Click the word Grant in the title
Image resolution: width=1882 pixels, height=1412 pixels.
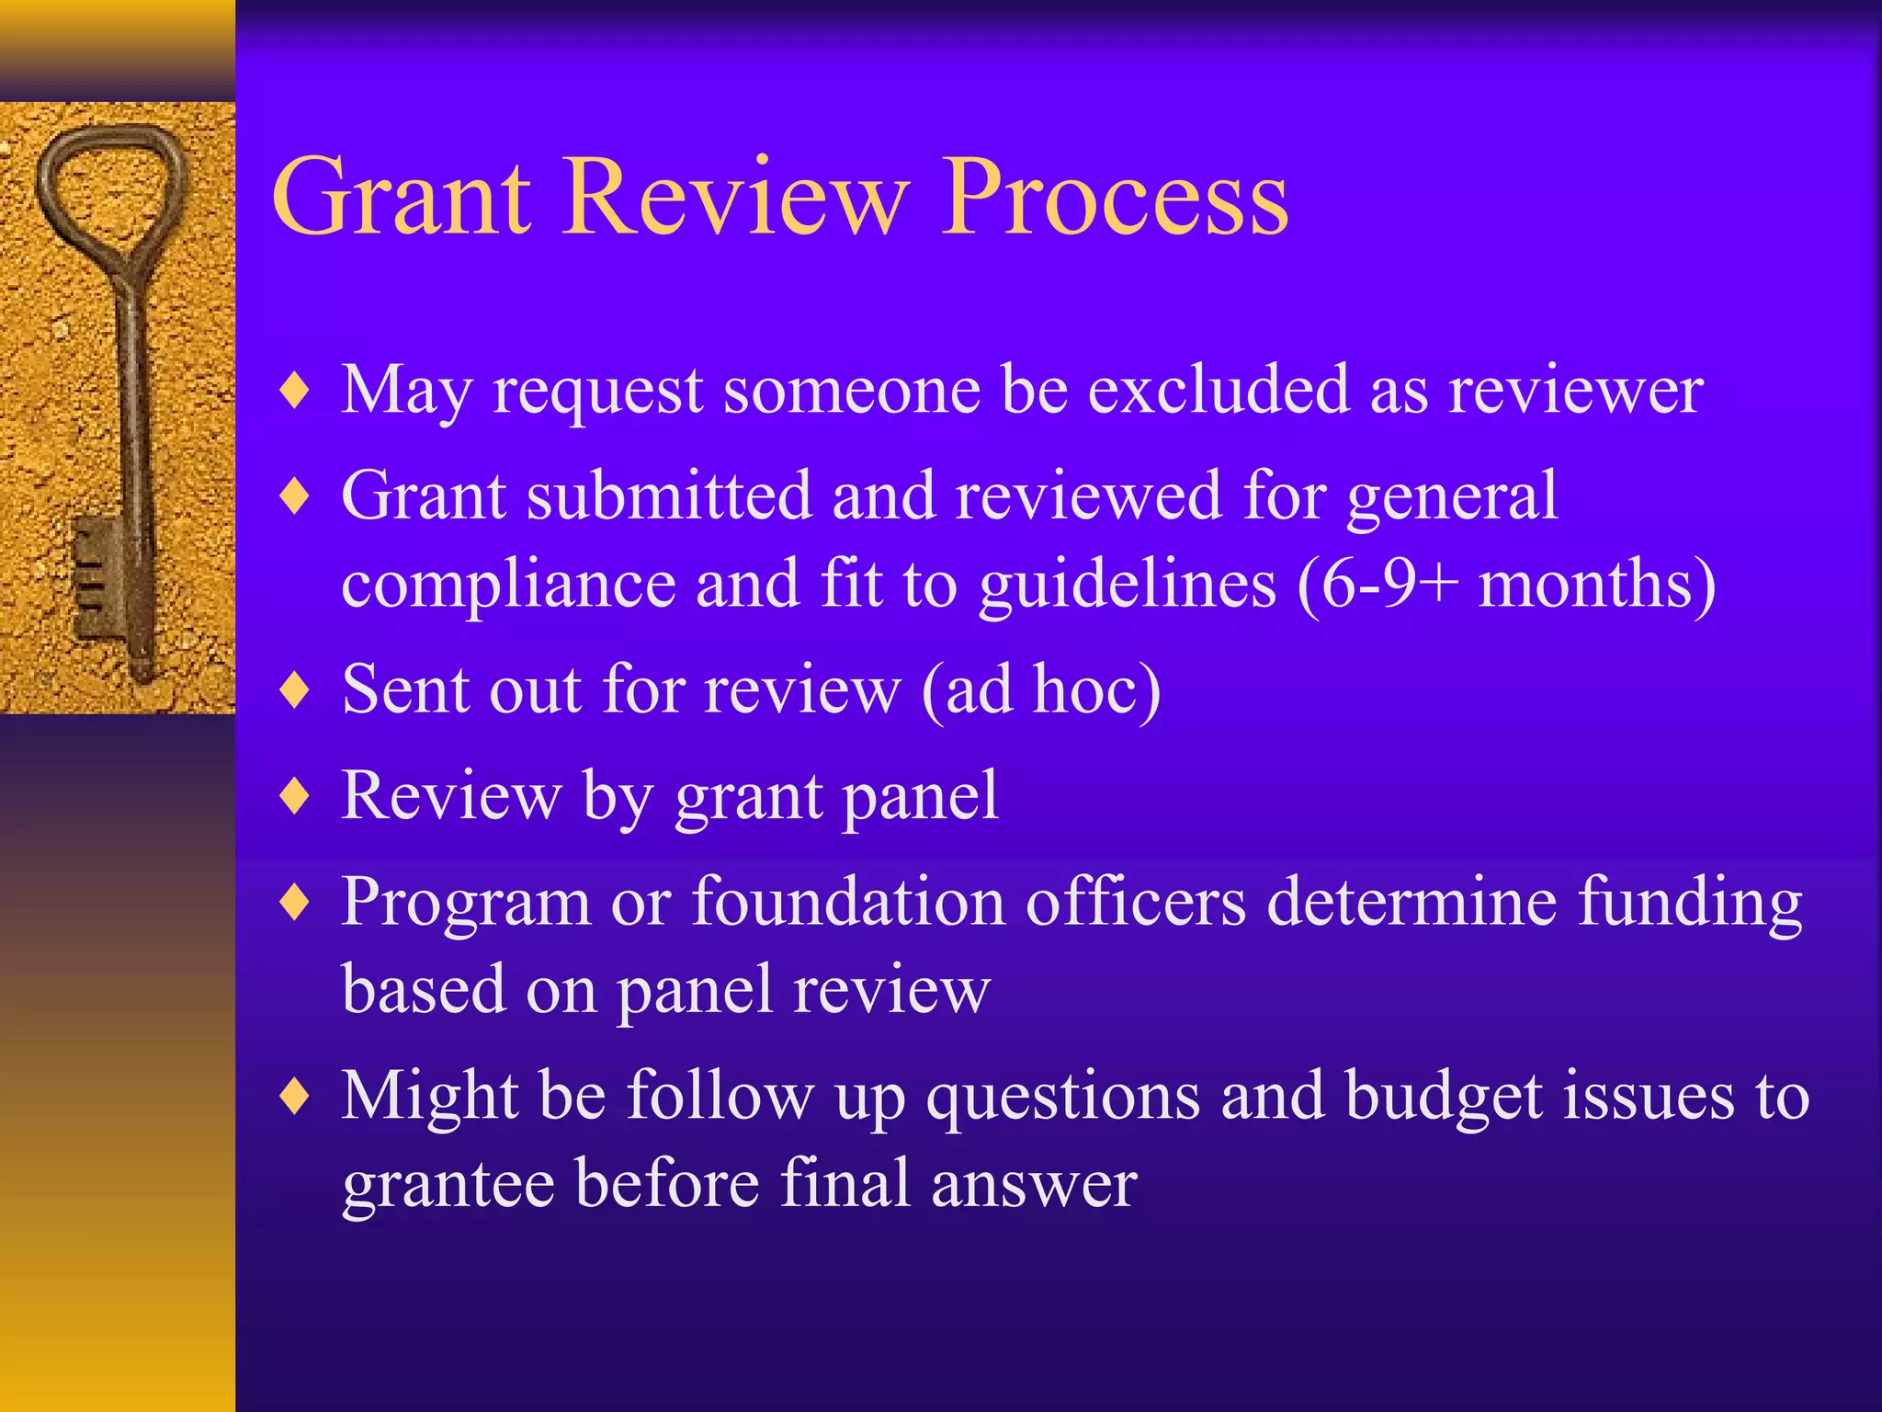click(x=402, y=198)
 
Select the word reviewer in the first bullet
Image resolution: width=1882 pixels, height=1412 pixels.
click(x=1576, y=391)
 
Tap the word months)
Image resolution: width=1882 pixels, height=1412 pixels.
click(x=1597, y=585)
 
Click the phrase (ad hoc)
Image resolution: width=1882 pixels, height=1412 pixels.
click(x=1040, y=689)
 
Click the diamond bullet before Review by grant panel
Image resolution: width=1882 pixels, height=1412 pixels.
click(x=295, y=796)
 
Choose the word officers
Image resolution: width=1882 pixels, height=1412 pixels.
click(x=1136, y=901)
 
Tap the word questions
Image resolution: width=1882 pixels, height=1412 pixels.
click(x=1063, y=1099)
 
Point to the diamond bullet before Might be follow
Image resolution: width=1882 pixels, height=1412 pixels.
click(x=295, y=1097)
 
